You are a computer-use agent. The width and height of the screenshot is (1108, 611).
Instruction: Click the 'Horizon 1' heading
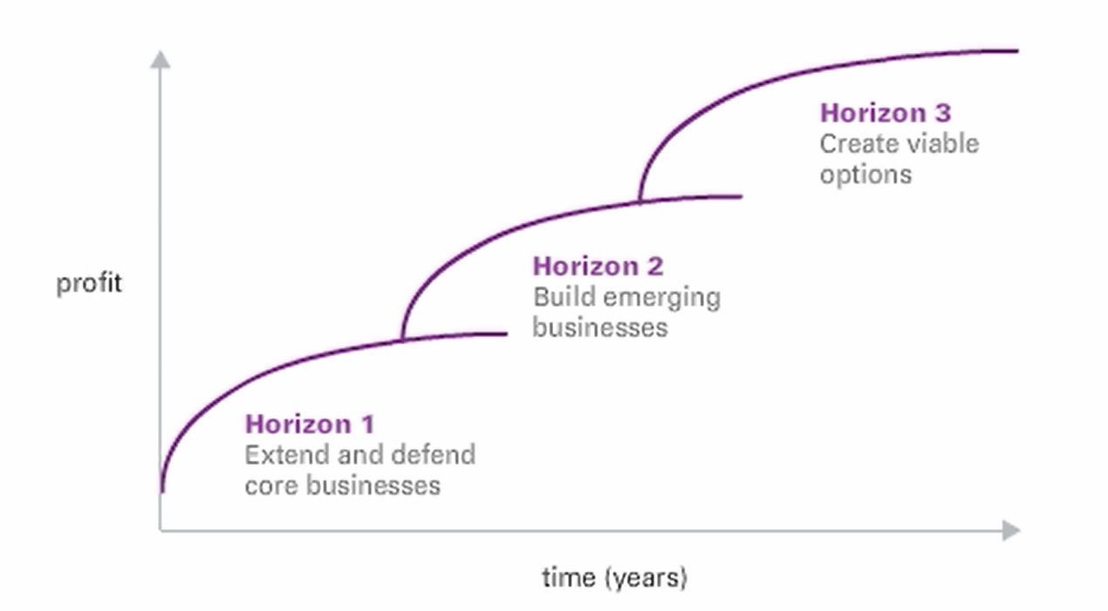[310, 424]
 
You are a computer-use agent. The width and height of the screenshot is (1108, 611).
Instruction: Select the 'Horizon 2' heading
[598, 267]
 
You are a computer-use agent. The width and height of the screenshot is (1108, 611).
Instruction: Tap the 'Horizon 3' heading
[886, 113]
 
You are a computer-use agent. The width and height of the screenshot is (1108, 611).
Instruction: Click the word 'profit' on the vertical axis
[89, 284]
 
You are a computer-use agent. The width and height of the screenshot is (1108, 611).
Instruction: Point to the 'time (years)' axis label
[615, 578]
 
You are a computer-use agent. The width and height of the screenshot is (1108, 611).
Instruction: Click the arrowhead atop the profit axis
[161, 59]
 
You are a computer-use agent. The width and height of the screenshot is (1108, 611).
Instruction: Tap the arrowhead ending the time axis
[1011, 531]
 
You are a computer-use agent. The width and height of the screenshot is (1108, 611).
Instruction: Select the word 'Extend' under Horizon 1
[287, 455]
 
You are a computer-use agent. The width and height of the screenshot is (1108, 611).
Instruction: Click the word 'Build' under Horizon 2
[564, 297]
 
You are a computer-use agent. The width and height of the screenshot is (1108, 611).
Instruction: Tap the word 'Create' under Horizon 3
[858, 145]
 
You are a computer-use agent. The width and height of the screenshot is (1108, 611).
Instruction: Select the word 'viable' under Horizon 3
[942, 144]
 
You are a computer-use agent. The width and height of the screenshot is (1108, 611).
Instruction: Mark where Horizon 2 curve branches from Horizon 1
[402, 340]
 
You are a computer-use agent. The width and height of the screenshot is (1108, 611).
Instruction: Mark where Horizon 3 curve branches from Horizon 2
[639, 201]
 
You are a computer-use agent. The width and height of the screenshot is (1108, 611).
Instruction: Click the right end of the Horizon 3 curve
[1018, 51]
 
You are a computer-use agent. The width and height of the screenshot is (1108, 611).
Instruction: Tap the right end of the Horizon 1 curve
[507, 334]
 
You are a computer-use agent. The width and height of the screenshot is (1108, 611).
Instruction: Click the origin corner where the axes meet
[161, 531]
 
